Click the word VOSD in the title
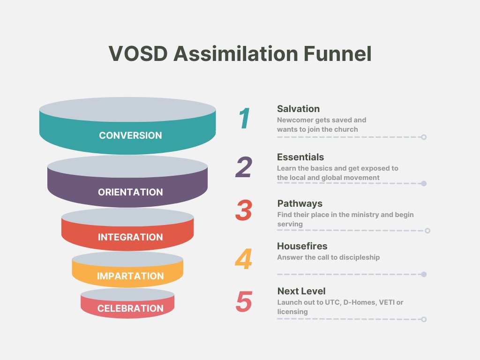(138, 53)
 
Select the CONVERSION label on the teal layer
(130, 135)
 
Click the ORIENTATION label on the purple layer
(130, 192)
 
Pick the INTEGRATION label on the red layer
(130, 237)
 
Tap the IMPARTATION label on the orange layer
(130, 276)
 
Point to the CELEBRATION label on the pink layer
(130, 308)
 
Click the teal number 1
(244, 118)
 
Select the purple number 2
(244, 167)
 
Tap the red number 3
(244, 210)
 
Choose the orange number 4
(244, 259)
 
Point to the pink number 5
(244, 301)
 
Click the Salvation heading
(299, 109)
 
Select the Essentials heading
(300, 157)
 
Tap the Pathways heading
(300, 203)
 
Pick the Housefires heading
(302, 246)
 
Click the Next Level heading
(301, 291)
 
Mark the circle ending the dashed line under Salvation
(424, 137)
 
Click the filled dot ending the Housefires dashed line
(424, 274)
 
